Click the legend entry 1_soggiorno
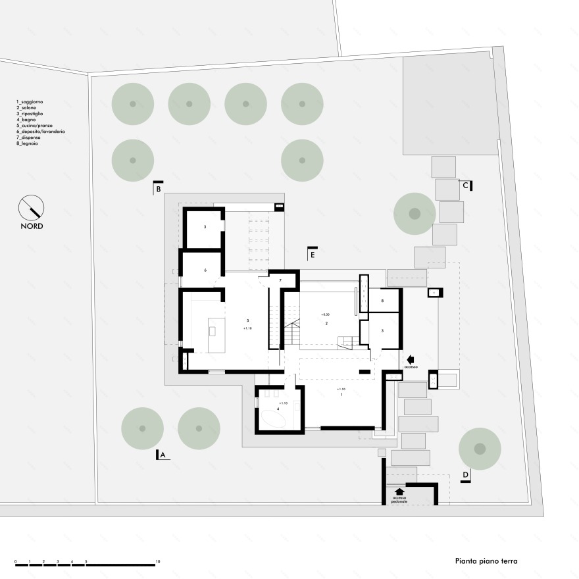coord(30,102)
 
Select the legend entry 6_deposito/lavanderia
coord(41,132)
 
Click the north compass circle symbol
coord(32,208)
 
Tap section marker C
coord(466,186)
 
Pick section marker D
coord(465,475)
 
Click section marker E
coord(313,253)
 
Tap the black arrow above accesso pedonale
coord(399,491)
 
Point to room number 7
coord(280,281)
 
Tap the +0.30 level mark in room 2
coord(325,315)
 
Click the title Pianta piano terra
coord(486,561)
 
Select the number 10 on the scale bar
coord(157,562)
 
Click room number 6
coord(205,270)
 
